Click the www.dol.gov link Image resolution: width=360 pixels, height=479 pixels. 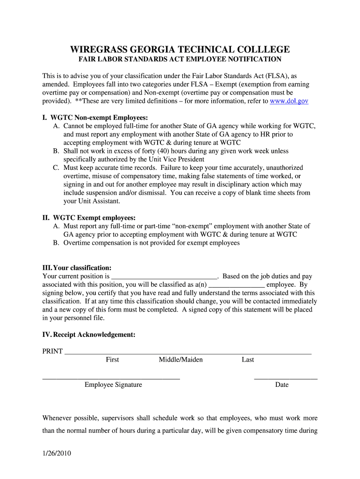[289, 101]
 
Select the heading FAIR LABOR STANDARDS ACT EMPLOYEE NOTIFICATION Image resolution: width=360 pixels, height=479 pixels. [180, 59]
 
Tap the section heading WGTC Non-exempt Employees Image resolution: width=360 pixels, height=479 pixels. [95, 117]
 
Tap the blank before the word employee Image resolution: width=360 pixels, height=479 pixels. [237, 285]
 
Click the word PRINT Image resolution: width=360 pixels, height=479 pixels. [52, 351]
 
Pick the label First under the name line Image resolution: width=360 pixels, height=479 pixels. [112, 360]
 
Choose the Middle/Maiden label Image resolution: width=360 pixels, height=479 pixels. [180, 360]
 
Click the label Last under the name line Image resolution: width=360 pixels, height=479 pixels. [248, 360]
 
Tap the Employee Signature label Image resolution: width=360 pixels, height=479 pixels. [113, 385]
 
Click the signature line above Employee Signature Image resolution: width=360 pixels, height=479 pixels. [111, 377]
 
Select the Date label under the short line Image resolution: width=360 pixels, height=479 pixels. [282, 385]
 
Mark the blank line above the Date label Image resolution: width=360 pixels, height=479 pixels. [285, 377]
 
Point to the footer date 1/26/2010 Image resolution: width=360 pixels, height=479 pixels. [56, 453]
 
